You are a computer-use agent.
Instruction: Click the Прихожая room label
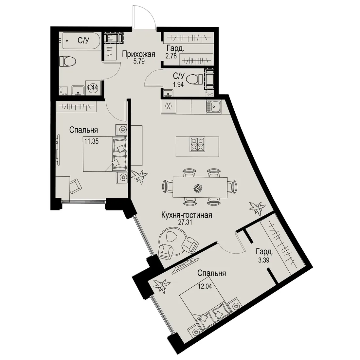[x=138, y=54]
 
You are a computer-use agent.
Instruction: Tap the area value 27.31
[x=185, y=222]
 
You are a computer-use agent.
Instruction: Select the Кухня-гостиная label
[x=187, y=215]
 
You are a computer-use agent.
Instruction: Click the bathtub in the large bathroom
[x=81, y=41]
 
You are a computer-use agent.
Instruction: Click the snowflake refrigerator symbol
[x=169, y=106]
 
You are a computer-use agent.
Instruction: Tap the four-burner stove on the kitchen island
[x=197, y=144]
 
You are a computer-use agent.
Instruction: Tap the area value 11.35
[x=91, y=141]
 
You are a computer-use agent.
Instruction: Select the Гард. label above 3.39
[x=265, y=253]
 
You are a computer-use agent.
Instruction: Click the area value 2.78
[x=171, y=56]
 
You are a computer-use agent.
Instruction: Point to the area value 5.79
[x=139, y=61]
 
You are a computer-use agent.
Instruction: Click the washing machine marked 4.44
[x=93, y=87]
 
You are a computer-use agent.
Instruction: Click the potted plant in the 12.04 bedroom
[x=162, y=285]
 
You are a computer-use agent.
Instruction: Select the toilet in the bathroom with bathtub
[x=68, y=62]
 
